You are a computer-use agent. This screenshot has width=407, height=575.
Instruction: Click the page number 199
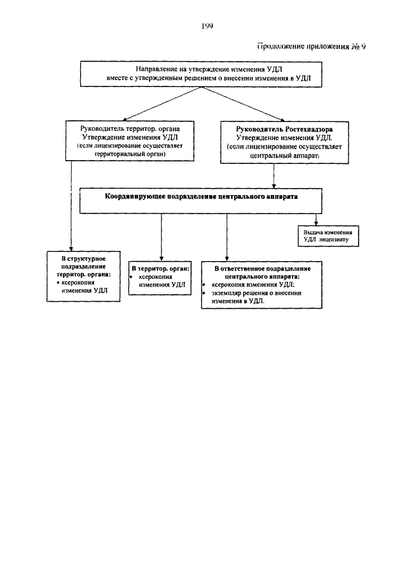coord(207,25)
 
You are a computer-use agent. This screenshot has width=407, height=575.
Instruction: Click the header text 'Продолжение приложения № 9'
coord(311,46)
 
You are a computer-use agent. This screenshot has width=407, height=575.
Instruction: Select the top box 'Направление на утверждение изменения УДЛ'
coord(201,74)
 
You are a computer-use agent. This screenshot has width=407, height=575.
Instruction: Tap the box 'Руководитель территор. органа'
coord(130,141)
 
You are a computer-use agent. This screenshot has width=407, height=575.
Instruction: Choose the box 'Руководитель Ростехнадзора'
coord(284,142)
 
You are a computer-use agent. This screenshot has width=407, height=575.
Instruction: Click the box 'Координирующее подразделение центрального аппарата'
coord(201,201)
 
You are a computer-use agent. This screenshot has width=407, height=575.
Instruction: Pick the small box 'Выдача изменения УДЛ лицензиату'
coord(328,236)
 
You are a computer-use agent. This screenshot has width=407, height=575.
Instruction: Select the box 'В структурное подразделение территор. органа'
coord(83,276)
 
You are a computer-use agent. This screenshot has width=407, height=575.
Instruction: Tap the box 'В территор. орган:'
coord(160,278)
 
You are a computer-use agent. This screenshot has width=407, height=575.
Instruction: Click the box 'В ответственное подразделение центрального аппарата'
coord(261,285)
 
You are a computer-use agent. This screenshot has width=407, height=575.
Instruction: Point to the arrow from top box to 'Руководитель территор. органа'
coord(162,104)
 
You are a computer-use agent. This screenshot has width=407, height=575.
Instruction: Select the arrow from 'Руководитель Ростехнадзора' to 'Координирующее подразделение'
coord(274,176)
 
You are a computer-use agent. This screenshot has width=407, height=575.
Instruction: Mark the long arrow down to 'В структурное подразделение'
coord(71,206)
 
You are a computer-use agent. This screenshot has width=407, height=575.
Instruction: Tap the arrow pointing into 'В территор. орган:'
coord(161,237)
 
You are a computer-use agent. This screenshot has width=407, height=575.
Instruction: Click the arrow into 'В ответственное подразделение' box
coord(227,237)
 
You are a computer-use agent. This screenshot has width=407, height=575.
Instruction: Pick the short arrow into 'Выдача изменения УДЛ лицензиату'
coord(316,219)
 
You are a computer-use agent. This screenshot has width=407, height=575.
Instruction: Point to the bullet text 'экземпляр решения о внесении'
coord(256,293)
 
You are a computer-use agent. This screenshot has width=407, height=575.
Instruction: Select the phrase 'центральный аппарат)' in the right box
coord(284,156)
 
